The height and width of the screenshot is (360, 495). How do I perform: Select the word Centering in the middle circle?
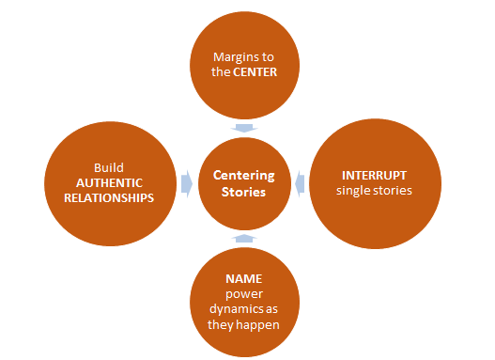point(242,175)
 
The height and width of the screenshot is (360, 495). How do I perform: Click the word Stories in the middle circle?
point(242,192)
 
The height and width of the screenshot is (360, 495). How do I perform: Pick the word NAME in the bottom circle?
point(242,279)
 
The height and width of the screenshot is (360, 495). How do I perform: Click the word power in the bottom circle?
point(242,295)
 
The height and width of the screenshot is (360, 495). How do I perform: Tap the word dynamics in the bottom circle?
point(235,310)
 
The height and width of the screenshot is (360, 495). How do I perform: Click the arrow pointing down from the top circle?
point(242,129)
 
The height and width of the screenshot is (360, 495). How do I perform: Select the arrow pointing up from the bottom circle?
point(242,239)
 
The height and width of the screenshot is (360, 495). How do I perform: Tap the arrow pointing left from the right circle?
point(300,184)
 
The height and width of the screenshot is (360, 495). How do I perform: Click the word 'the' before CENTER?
point(222,71)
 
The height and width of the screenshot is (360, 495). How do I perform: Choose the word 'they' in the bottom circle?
point(222,326)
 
